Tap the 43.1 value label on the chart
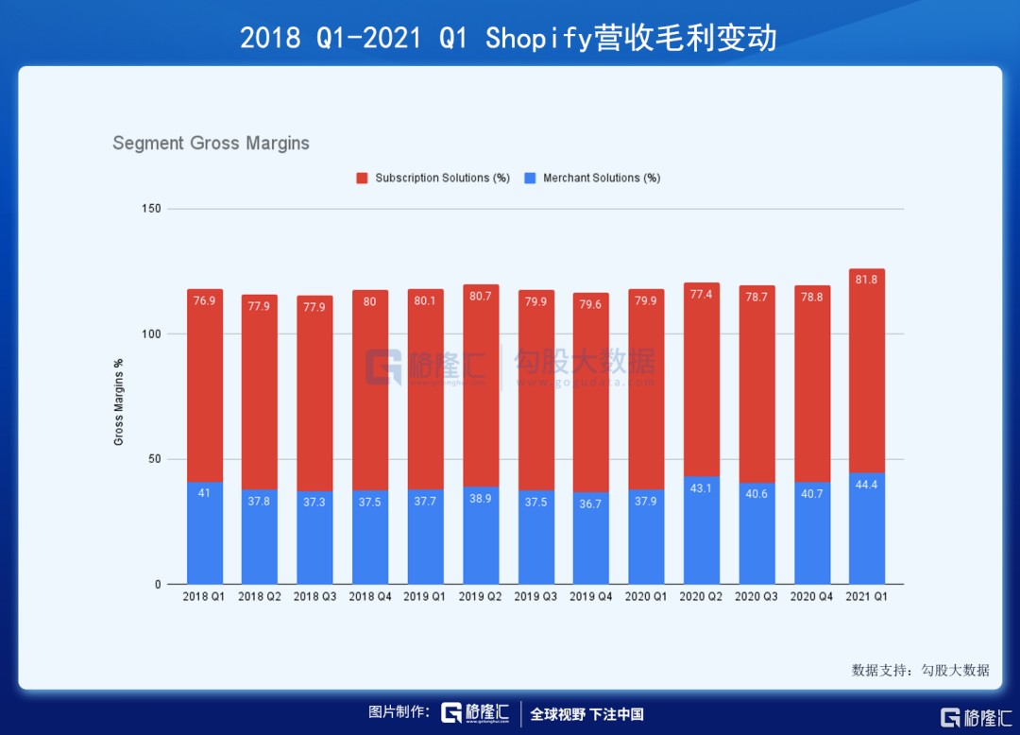pyautogui.click(x=701, y=487)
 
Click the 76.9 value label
pyautogui.click(x=205, y=301)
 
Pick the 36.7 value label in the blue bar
pyautogui.click(x=590, y=504)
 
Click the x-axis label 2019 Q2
pyautogui.click(x=481, y=597)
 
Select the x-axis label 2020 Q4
pyautogui.click(x=811, y=597)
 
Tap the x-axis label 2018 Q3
pyautogui.click(x=314, y=597)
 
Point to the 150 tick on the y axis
pyautogui.click(x=150, y=209)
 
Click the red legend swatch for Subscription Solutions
pyautogui.click(x=362, y=178)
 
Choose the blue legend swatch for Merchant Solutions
pyautogui.click(x=530, y=178)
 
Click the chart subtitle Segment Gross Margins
pyautogui.click(x=211, y=144)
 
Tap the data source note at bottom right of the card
pyautogui.click(x=920, y=670)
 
